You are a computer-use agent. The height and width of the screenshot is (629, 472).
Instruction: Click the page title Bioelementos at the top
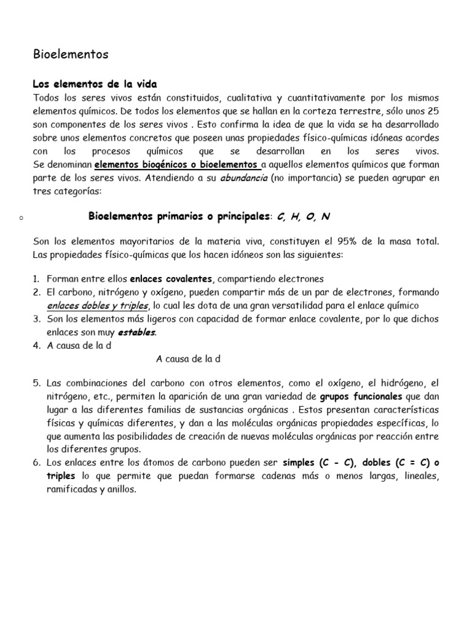[x=70, y=55]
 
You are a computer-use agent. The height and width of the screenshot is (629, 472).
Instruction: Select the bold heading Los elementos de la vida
[x=95, y=84]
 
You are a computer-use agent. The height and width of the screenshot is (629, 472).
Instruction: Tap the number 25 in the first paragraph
[x=432, y=111]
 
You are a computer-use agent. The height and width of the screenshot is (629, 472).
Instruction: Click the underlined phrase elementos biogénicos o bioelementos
[x=178, y=165]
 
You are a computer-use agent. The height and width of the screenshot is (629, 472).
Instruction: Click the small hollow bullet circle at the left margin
[x=21, y=217]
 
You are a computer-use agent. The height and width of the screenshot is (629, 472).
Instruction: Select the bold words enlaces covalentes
[x=171, y=279]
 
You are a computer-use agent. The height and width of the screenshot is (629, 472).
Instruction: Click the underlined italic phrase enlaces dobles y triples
[x=98, y=305]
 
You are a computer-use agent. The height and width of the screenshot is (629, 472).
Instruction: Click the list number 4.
[x=36, y=345]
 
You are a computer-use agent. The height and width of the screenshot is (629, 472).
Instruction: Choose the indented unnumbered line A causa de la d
[x=188, y=358]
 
